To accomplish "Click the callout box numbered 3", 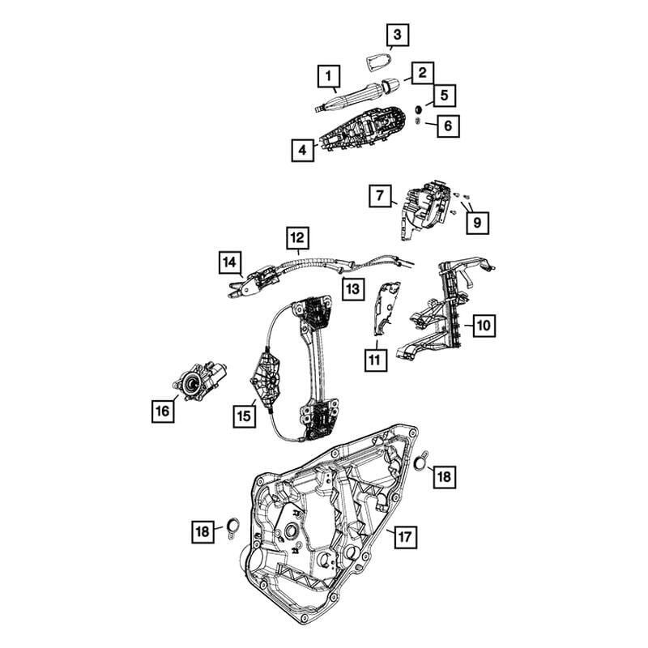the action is pos(398,34).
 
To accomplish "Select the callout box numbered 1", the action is pos(329,76).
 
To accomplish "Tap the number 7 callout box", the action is pos(380,195).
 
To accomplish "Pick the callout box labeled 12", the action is pos(297,237).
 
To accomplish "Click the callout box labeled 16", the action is pos(163,411).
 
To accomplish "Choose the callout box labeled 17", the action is pos(406,537).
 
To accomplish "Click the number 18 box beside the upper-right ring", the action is pos(444,476).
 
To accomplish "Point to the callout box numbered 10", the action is pos(484,326).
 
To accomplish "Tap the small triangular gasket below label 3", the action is pos(377,62).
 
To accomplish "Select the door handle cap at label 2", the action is pos(390,85).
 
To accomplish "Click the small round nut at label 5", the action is pos(418,110).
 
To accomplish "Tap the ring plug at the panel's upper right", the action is pos(420,463).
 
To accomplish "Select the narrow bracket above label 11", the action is pos(386,307).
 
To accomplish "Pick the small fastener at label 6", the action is pos(417,121).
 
